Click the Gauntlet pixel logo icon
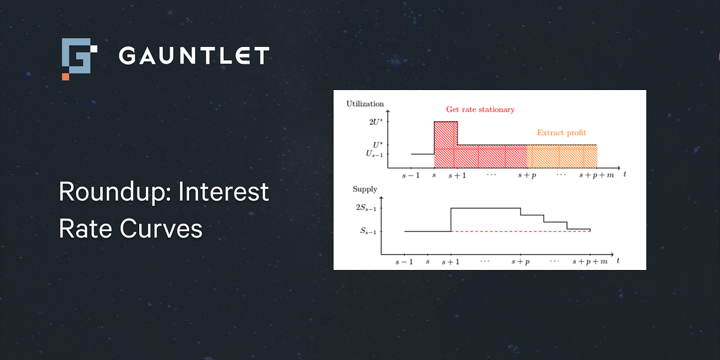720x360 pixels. [x=79, y=59]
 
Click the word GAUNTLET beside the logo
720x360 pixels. [x=194, y=55]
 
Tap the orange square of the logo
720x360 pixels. [x=65, y=77]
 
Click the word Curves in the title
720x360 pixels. [x=161, y=229]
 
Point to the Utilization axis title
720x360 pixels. [x=365, y=104]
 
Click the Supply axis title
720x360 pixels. [x=365, y=189]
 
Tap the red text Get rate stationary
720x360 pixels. [x=480, y=110]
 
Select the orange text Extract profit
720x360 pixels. [x=562, y=133]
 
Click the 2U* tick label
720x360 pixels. [x=376, y=122]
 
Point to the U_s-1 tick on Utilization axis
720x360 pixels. [x=374, y=154]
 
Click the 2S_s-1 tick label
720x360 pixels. [x=366, y=208]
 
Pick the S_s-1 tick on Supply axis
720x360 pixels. [x=368, y=231]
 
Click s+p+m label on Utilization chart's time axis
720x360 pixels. [x=596, y=175]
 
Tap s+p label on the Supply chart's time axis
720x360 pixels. [x=521, y=262]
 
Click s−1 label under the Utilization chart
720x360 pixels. [x=411, y=175]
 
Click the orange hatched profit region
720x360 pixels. [x=562, y=157]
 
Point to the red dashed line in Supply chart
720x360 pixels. [x=520, y=232]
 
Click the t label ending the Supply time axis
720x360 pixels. [x=618, y=260]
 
